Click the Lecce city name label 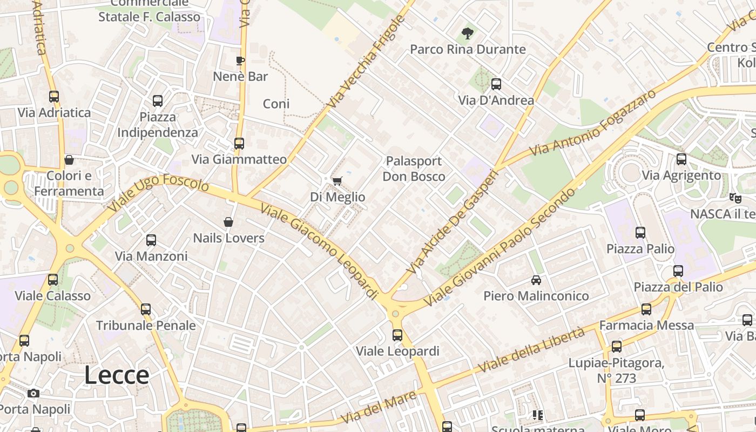pyautogui.click(x=117, y=375)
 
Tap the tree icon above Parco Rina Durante pyautogui.click(x=468, y=33)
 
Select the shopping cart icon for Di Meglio pyautogui.click(x=337, y=181)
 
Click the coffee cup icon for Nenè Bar pyautogui.click(x=240, y=60)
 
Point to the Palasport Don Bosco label pyautogui.click(x=414, y=168)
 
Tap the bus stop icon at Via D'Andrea pyautogui.click(x=496, y=84)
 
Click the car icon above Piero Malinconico pyautogui.click(x=536, y=280)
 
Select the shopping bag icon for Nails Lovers pyautogui.click(x=228, y=222)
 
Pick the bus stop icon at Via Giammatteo pyautogui.click(x=239, y=144)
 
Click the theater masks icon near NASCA pyautogui.click(x=735, y=198)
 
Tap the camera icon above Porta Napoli pyautogui.click(x=33, y=393)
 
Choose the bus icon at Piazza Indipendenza pyautogui.click(x=157, y=101)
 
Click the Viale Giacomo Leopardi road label pyautogui.click(x=320, y=251)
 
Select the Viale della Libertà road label pyautogui.click(x=531, y=350)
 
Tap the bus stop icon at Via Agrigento pyautogui.click(x=681, y=159)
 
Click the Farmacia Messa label pyautogui.click(x=646, y=325)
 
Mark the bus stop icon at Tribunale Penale pyautogui.click(x=146, y=309)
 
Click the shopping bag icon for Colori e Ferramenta pyautogui.click(x=69, y=160)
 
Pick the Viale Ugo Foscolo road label pyautogui.click(x=158, y=193)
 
